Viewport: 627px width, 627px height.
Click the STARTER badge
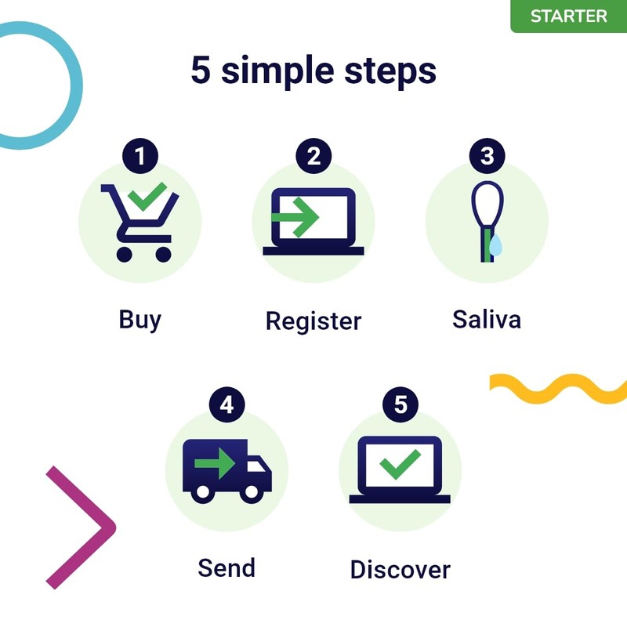tap(568, 16)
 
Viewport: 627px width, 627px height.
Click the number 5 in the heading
tap(201, 71)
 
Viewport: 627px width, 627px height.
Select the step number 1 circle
tap(140, 157)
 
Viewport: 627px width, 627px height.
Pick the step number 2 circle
tap(313, 157)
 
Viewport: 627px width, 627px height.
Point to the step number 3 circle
tap(487, 157)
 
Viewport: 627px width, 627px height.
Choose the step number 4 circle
tap(227, 405)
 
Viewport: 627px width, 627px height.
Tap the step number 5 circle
tap(400, 405)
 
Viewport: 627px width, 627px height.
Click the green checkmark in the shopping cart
tap(147, 195)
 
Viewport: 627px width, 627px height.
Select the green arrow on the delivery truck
tap(216, 462)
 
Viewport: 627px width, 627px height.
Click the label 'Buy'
tap(140, 320)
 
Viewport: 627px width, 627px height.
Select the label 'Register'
tap(313, 321)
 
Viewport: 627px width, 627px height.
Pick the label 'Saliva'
tap(487, 319)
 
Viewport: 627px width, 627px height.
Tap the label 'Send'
tap(227, 567)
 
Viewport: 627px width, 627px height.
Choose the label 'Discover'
tap(400, 569)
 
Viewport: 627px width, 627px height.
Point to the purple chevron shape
tap(82, 527)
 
